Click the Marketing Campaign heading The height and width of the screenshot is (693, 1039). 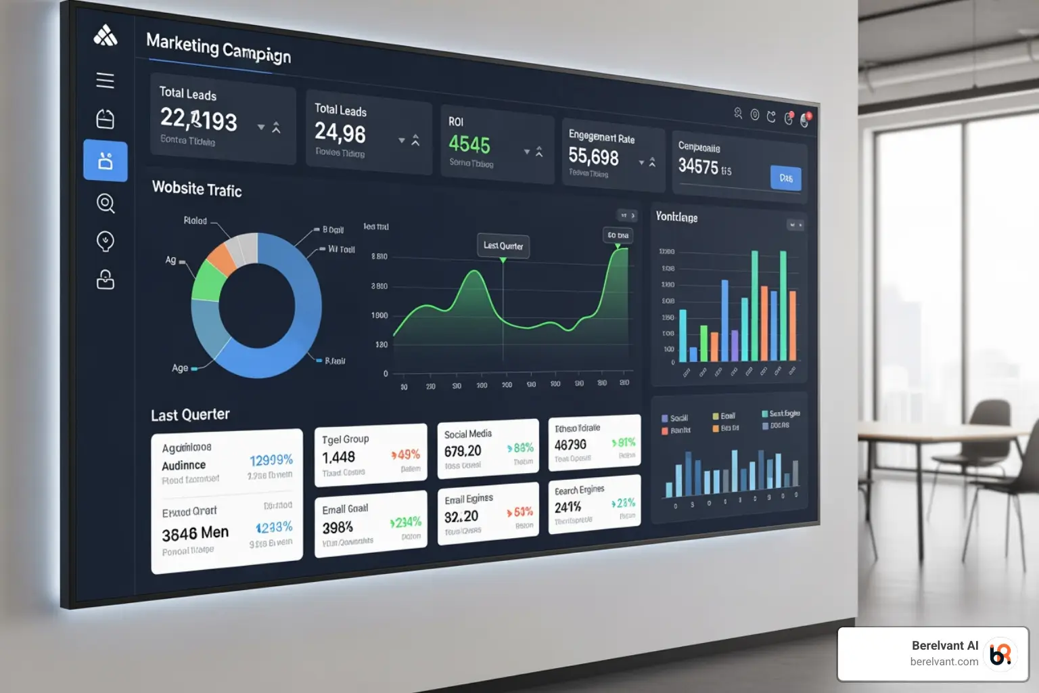coord(218,49)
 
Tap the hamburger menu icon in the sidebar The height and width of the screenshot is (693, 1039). coord(105,81)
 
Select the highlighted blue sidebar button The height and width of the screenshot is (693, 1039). coord(106,161)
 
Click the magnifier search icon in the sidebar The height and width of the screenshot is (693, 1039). coord(106,202)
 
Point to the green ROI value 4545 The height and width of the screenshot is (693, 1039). coord(469,144)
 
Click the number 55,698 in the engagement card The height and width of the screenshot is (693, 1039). coord(593,157)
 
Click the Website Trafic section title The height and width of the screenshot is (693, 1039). coord(197,189)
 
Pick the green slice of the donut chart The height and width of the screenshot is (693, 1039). coord(208,282)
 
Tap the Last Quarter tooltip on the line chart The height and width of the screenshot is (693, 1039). coord(503,246)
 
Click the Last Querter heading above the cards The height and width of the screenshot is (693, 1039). coord(190,414)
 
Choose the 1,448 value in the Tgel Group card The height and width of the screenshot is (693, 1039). coord(338,457)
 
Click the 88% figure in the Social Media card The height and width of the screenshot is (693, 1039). coord(522,448)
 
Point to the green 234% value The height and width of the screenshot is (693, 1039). coord(407,522)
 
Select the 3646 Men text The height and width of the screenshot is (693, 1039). coord(195,533)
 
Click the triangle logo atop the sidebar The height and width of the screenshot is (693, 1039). coord(105,35)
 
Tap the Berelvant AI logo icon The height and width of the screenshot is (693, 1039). coord(1000,654)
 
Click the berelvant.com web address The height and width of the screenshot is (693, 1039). coord(944,662)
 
